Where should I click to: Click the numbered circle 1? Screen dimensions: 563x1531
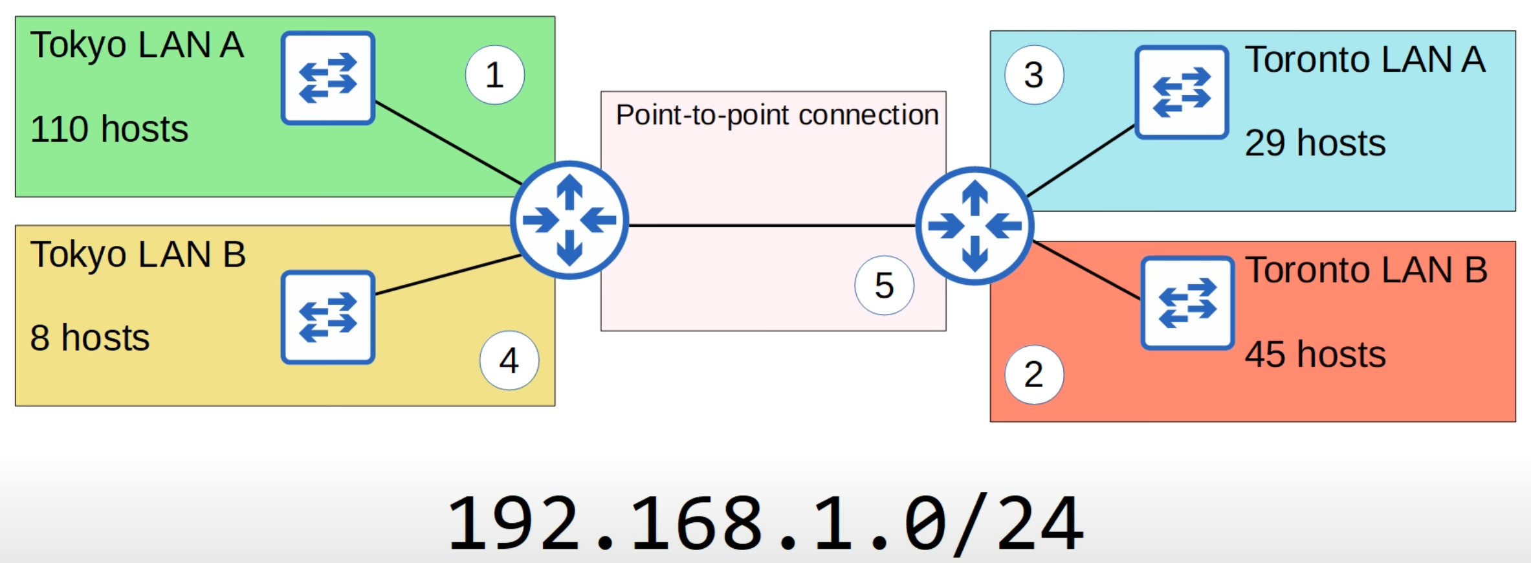pyautogui.click(x=494, y=75)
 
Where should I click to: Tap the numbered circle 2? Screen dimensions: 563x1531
pyautogui.click(x=1033, y=375)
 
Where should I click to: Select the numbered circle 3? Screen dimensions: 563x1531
pyautogui.click(x=1033, y=75)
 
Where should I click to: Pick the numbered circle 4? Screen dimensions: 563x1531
pyautogui.click(x=509, y=360)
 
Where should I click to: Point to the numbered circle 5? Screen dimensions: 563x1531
pyautogui.click(x=884, y=285)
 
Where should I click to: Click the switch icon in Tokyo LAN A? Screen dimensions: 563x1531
pyautogui.click(x=328, y=78)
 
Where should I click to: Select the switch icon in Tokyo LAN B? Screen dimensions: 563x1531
pyautogui.click(x=328, y=317)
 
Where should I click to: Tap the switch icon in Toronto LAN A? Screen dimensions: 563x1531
pyautogui.click(x=1181, y=92)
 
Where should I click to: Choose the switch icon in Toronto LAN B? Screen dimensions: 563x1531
pyautogui.click(x=1187, y=303)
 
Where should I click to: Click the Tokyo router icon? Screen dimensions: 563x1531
pyautogui.click(x=569, y=220)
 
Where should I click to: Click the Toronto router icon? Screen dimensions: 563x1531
pyautogui.click(x=975, y=226)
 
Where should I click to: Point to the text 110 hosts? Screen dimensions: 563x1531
pyautogui.click(x=109, y=129)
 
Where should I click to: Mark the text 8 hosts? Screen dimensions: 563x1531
pyautogui.click(x=90, y=338)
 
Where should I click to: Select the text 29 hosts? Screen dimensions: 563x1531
pyautogui.click(x=1315, y=143)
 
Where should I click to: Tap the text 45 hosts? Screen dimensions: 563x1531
pyautogui.click(x=1315, y=355)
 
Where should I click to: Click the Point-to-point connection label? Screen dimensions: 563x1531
pyautogui.click(x=777, y=115)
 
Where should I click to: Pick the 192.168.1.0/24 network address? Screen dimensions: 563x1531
pyautogui.click(x=765, y=523)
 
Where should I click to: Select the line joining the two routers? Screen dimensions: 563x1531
pyautogui.click(x=770, y=225)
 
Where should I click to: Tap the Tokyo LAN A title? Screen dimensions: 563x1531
pyautogui.click(x=137, y=45)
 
